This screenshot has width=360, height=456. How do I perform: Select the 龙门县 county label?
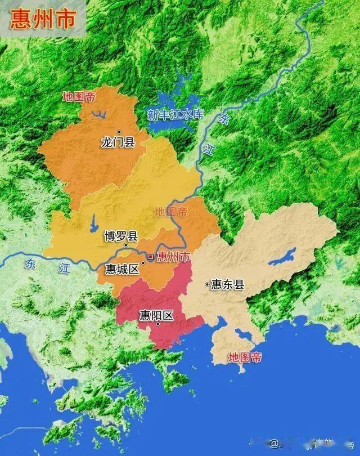[118, 142]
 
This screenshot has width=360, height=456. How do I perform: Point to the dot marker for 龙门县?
[119, 132]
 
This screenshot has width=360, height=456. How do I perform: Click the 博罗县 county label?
[121, 236]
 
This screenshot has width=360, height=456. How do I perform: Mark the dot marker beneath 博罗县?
[126, 246]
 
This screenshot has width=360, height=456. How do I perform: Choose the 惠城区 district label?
[122, 269]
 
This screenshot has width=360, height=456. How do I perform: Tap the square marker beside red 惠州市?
[150, 257]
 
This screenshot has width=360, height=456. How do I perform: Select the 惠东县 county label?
[228, 285]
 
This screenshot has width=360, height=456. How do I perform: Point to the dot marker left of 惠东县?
[207, 284]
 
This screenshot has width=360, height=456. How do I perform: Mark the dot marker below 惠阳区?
[158, 324]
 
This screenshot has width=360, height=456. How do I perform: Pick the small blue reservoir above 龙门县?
[100, 116]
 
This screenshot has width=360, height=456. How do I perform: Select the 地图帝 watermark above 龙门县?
[79, 96]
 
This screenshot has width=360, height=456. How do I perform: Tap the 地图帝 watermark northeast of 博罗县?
[171, 212]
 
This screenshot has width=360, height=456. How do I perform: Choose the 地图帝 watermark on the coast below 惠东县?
[245, 357]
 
